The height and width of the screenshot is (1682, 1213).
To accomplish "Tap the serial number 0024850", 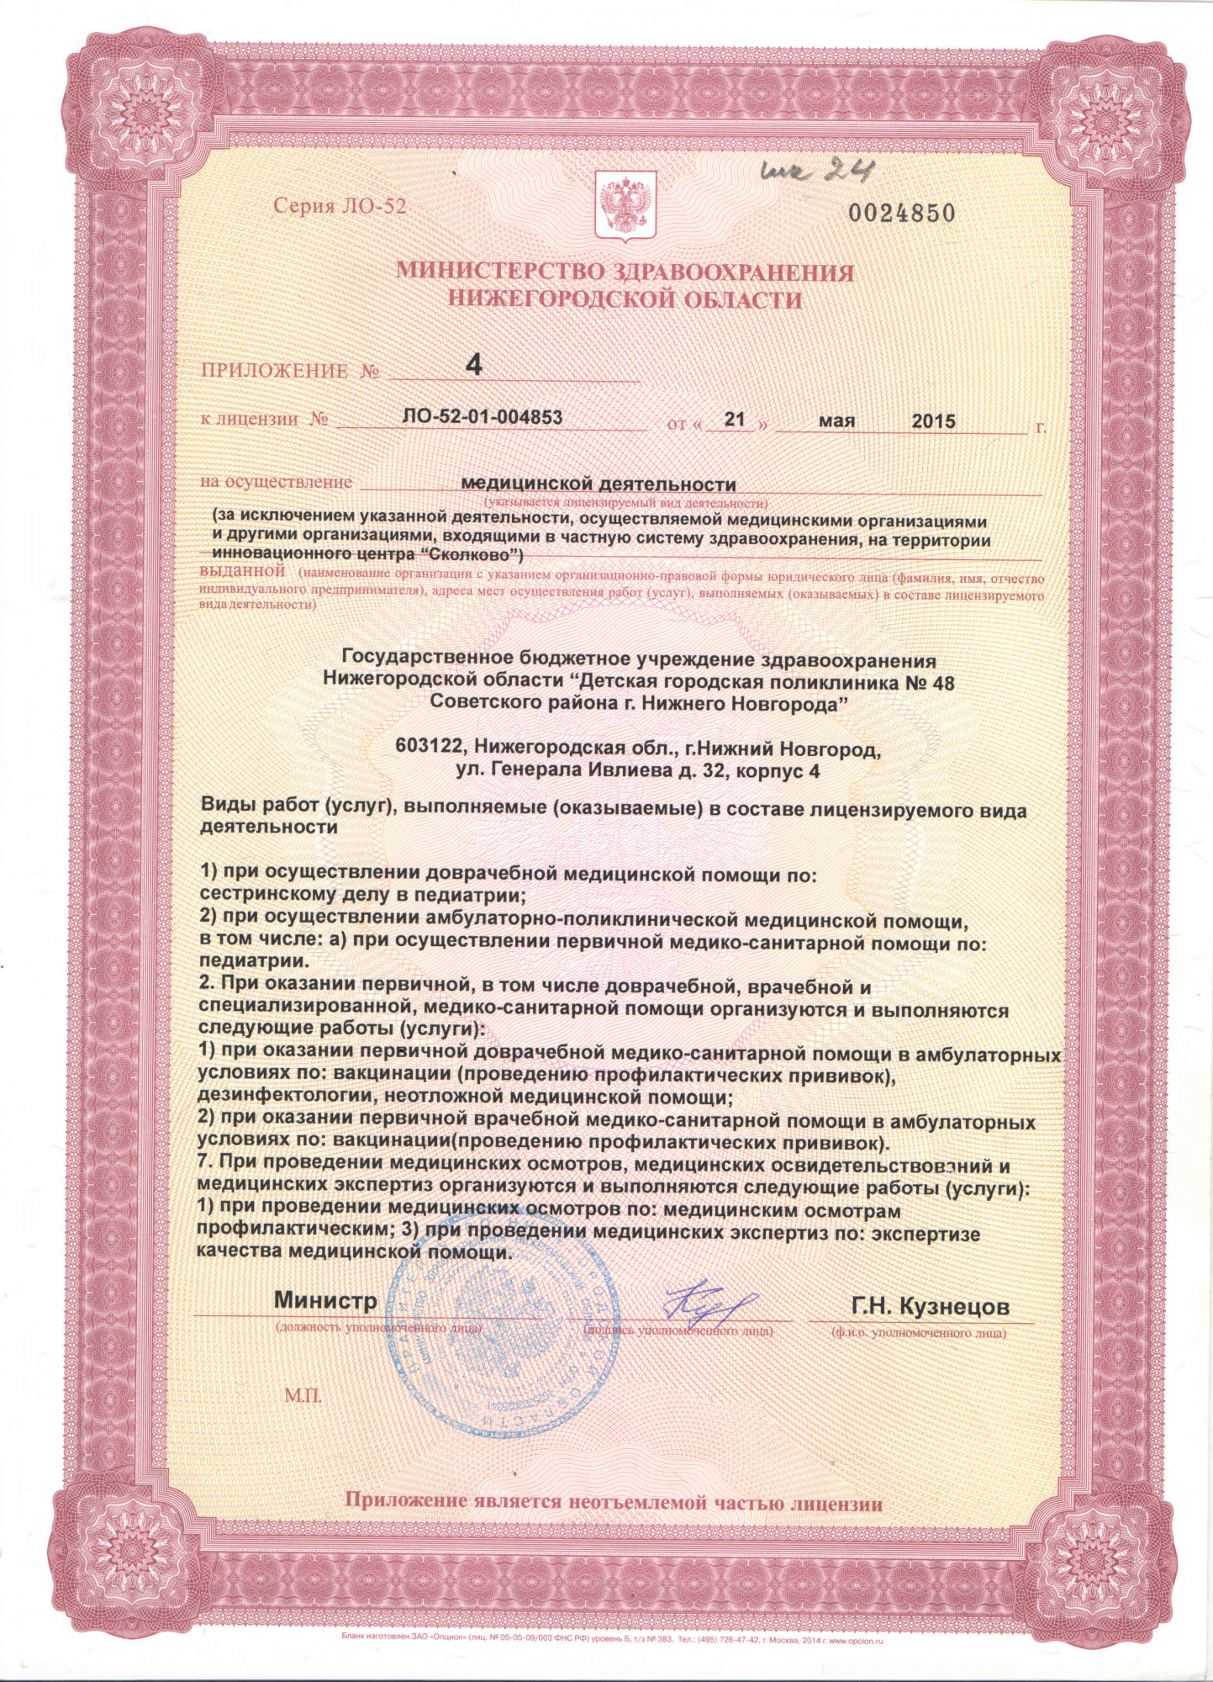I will click(x=901, y=214).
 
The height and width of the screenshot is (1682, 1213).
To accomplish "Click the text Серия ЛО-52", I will click(x=340, y=206).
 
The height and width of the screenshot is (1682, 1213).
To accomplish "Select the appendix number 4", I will click(x=475, y=365).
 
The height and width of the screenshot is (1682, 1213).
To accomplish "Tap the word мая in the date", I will click(x=836, y=420).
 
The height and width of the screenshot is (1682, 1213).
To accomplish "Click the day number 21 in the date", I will click(x=735, y=419).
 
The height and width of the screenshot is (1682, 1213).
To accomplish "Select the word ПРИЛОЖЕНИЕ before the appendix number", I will click(x=274, y=371).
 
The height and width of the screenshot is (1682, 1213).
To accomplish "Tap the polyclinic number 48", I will click(x=942, y=682).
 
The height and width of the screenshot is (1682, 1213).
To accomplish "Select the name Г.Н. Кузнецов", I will click(x=930, y=1307).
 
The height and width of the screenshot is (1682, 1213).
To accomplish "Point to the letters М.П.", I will click(x=303, y=1397).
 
